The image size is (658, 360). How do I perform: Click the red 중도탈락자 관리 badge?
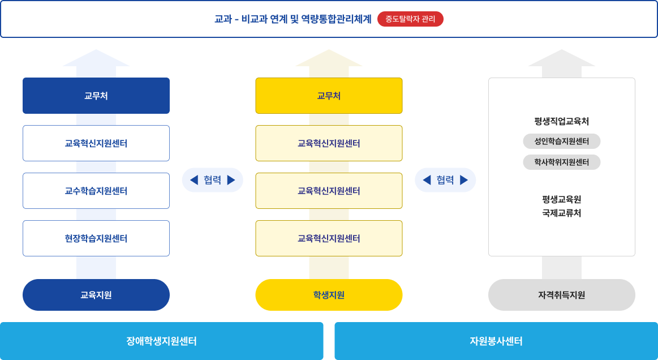[x=410, y=19]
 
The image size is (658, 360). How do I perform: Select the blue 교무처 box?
[x=96, y=96]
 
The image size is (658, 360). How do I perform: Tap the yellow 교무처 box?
[x=329, y=96]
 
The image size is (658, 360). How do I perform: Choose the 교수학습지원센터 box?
[x=96, y=191]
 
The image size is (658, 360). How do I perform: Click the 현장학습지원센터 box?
[x=96, y=238]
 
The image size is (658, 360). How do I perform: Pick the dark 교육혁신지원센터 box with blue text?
[x=96, y=143]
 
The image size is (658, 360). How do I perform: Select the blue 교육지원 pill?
[x=96, y=295]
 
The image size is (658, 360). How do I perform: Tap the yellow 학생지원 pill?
[x=329, y=295]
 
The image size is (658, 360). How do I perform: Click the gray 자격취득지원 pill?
[x=561, y=295]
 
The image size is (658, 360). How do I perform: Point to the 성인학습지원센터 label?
[x=561, y=141]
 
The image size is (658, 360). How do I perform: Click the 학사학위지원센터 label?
[x=561, y=162]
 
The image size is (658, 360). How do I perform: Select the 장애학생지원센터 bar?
[x=161, y=341]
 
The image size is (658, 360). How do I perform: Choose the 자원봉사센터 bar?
[x=496, y=341]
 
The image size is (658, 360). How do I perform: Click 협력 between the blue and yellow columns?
[x=212, y=180]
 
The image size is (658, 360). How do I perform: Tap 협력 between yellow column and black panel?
[x=445, y=180]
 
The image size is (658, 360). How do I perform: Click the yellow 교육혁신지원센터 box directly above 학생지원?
[x=329, y=238]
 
